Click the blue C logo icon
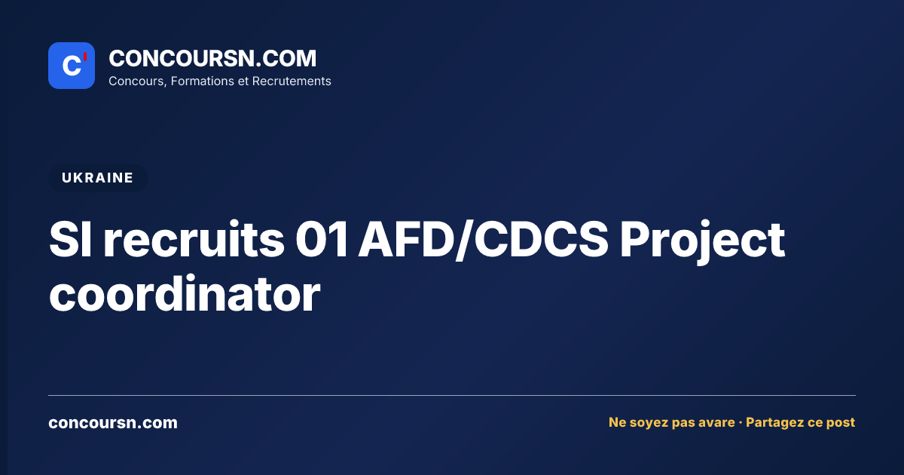point(72,66)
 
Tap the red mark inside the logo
point(85,57)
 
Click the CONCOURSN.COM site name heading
point(212,58)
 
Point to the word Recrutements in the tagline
point(292,81)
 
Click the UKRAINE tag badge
point(98,178)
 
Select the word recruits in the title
point(194,240)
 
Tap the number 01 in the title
point(321,240)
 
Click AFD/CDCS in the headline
point(484,240)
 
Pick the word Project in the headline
point(702,242)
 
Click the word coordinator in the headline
point(185,294)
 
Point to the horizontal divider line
point(452,395)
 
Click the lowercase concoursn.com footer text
point(113,423)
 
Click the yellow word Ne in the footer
point(617,422)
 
